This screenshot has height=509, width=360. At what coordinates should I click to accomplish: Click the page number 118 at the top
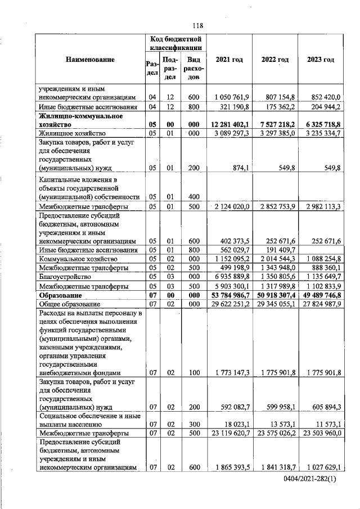coord(197,25)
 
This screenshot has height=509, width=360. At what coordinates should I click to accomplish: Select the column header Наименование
coord(90,60)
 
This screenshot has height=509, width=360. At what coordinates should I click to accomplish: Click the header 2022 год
coord(275,60)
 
